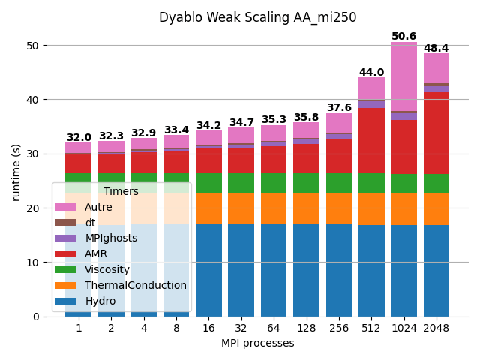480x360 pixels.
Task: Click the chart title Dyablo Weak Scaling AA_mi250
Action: tap(257, 17)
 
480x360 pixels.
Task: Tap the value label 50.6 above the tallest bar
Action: tap(403, 37)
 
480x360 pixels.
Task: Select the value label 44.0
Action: tap(371, 73)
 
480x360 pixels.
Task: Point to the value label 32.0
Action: tap(79, 138)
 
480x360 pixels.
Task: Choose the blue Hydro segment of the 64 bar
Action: tap(274, 270)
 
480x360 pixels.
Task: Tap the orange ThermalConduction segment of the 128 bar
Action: tap(306, 208)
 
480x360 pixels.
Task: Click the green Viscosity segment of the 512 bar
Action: tap(371, 183)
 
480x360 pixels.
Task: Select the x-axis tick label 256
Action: tap(338, 328)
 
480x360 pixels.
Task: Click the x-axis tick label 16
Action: tap(208, 328)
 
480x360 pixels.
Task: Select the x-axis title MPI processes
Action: tap(257, 343)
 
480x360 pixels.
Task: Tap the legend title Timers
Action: tap(121, 192)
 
